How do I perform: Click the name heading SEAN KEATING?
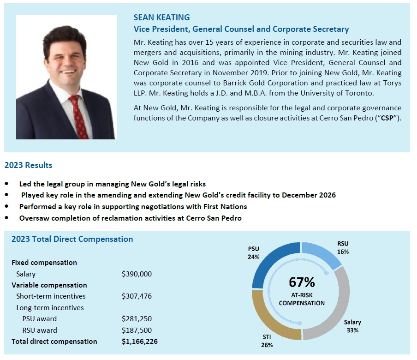click(x=161, y=18)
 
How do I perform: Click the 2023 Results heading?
click(x=28, y=165)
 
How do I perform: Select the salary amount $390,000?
click(x=137, y=274)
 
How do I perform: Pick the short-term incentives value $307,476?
click(x=137, y=296)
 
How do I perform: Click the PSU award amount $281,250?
click(x=137, y=318)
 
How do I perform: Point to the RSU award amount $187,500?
click(x=137, y=330)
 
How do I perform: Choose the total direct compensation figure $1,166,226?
click(x=140, y=342)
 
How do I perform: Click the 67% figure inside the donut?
click(x=302, y=282)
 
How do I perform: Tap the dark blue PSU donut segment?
click(x=267, y=268)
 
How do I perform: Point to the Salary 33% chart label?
click(x=352, y=326)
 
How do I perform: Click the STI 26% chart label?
click(x=267, y=341)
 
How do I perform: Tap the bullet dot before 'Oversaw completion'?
click(x=6, y=218)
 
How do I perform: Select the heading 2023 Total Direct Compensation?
click(x=72, y=239)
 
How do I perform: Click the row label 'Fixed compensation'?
click(x=44, y=262)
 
